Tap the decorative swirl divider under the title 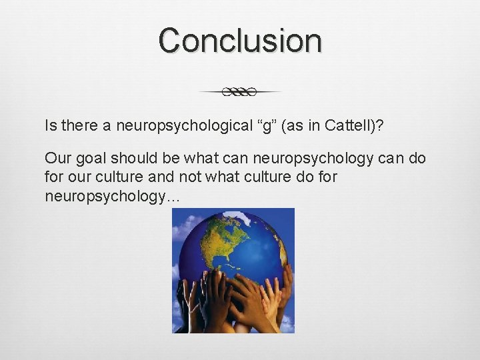240,91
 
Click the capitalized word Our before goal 56,159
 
